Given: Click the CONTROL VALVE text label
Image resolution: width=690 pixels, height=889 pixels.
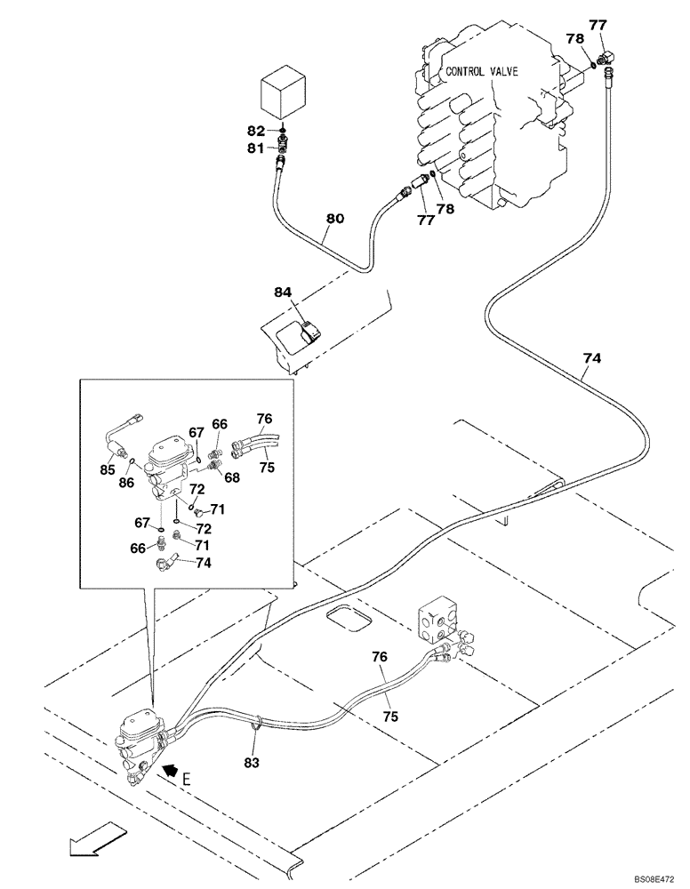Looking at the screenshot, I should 480,72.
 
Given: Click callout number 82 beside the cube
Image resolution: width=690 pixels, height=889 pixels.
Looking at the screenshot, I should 256,131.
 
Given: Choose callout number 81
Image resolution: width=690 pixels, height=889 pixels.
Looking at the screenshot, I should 256,148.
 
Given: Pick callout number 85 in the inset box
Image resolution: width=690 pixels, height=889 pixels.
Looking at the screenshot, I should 108,469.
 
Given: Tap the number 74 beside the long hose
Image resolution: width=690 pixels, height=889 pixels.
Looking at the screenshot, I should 592,358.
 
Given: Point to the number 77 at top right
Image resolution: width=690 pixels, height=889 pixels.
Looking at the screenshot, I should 599,25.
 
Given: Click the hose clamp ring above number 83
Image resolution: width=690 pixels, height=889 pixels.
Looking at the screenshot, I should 256,723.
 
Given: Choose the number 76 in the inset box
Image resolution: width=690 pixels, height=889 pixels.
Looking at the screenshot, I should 264,419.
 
